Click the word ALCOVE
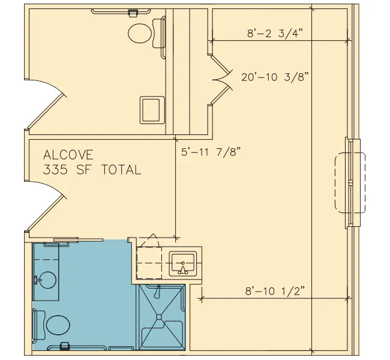click(x=68, y=155)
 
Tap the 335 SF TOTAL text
click(x=92, y=170)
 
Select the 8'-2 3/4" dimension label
click(x=275, y=33)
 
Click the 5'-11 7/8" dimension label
click(x=211, y=152)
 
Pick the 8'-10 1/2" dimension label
click(x=275, y=291)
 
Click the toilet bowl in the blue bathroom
click(x=58, y=325)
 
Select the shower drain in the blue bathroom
click(x=159, y=317)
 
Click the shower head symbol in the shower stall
click(x=157, y=292)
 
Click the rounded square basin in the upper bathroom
click(x=152, y=110)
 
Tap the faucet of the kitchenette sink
click(x=183, y=269)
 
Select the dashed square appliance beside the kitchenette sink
click(x=149, y=263)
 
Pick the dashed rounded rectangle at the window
click(x=350, y=182)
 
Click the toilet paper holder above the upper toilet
click(x=133, y=13)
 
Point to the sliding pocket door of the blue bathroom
click(x=79, y=240)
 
